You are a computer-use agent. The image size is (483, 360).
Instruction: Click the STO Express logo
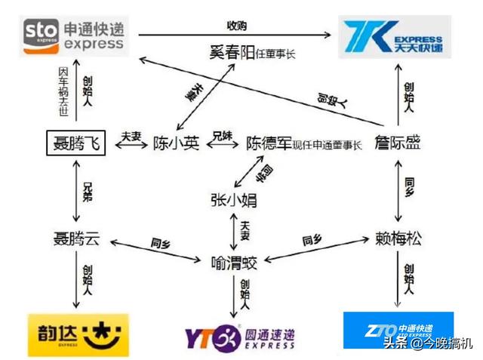click(x=73, y=35)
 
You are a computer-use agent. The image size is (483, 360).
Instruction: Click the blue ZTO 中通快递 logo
click(x=398, y=330)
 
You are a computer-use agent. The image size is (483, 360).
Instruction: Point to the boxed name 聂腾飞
click(x=75, y=142)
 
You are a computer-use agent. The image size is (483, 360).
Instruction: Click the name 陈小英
click(x=176, y=143)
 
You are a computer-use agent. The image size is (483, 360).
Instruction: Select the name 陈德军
click(x=271, y=143)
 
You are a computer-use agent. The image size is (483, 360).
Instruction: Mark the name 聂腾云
click(x=75, y=239)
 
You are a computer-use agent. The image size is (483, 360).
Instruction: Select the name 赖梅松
click(x=398, y=239)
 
